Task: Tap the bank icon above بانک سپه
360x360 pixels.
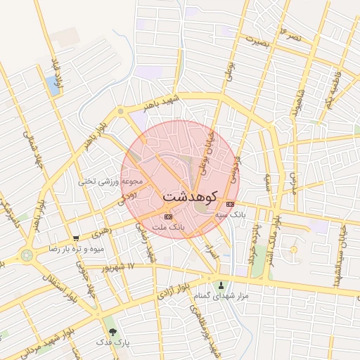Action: tap(231, 203)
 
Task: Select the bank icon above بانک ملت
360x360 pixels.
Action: tap(167, 217)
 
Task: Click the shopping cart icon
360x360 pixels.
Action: tap(75, 239)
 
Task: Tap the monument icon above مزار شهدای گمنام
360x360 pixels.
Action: tap(222, 285)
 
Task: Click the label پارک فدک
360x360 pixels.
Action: tap(114, 342)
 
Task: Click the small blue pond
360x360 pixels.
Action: tap(53, 86)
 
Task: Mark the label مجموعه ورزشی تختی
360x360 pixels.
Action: tap(115, 181)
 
